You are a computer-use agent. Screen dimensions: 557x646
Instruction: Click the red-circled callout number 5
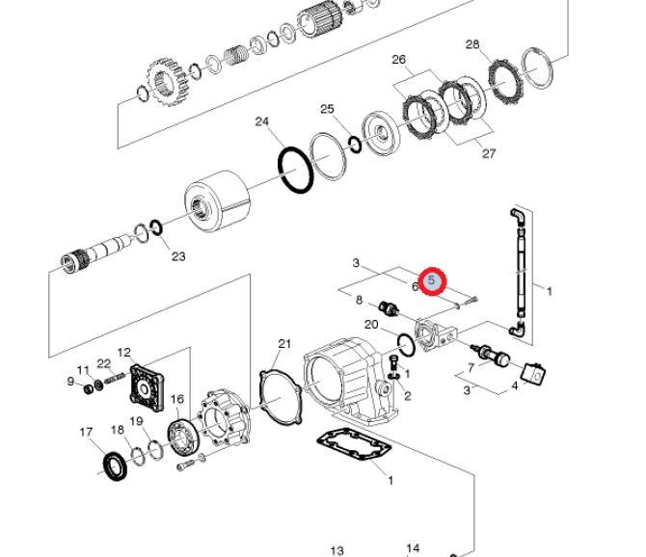(433, 281)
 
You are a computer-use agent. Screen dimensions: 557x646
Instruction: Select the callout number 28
(472, 44)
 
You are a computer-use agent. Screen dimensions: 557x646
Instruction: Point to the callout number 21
(283, 344)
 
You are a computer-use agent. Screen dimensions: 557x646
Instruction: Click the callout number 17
(86, 432)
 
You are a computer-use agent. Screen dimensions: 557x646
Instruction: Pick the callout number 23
(177, 256)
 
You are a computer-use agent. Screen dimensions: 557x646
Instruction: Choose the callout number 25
(327, 109)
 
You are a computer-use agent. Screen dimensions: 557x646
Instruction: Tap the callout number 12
(123, 353)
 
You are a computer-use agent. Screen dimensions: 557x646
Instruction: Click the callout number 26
(399, 60)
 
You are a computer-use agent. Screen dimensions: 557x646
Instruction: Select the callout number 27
(489, 153)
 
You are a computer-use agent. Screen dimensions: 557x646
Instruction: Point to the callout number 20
(371, 325)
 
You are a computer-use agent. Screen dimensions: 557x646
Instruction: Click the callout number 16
(176, 399)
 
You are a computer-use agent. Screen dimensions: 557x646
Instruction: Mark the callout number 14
(413, 548)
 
